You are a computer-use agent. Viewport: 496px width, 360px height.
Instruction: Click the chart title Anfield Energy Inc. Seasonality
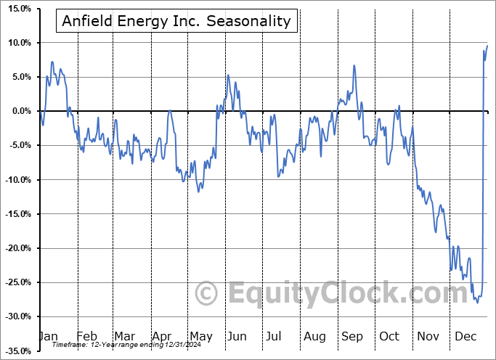176,21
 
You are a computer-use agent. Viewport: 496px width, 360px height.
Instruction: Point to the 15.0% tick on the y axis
18,9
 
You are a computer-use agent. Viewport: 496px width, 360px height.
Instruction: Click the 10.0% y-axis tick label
18,43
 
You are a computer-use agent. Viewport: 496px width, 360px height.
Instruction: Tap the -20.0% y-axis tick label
17,248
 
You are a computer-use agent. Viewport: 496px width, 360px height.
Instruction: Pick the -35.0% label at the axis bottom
17,351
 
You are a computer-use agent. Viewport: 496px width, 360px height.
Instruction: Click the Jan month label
48,336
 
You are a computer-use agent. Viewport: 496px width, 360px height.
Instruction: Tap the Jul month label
275,336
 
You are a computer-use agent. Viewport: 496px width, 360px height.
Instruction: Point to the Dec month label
465,336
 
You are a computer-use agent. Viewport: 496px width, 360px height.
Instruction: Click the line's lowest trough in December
477,302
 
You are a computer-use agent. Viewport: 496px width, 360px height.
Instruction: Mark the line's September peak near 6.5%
354,65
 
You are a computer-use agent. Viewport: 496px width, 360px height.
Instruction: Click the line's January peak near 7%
52,62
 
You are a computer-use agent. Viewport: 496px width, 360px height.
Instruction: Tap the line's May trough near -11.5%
199,191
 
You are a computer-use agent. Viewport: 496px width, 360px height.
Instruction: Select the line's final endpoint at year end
487,46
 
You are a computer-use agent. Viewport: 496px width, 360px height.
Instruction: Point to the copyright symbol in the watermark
207,294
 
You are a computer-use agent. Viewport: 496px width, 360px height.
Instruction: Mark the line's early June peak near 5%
227,75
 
